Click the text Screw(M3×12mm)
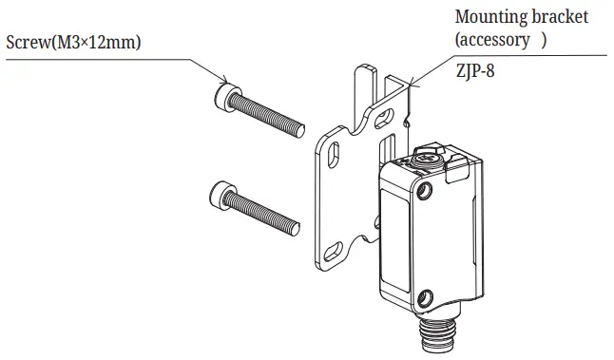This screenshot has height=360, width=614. point(74,43)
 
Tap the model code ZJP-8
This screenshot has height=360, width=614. point(478,68)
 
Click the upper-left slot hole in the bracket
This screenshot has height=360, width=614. point(334,152)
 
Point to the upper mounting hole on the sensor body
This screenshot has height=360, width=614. point(424,193)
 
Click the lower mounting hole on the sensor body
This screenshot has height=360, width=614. point(425,296)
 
